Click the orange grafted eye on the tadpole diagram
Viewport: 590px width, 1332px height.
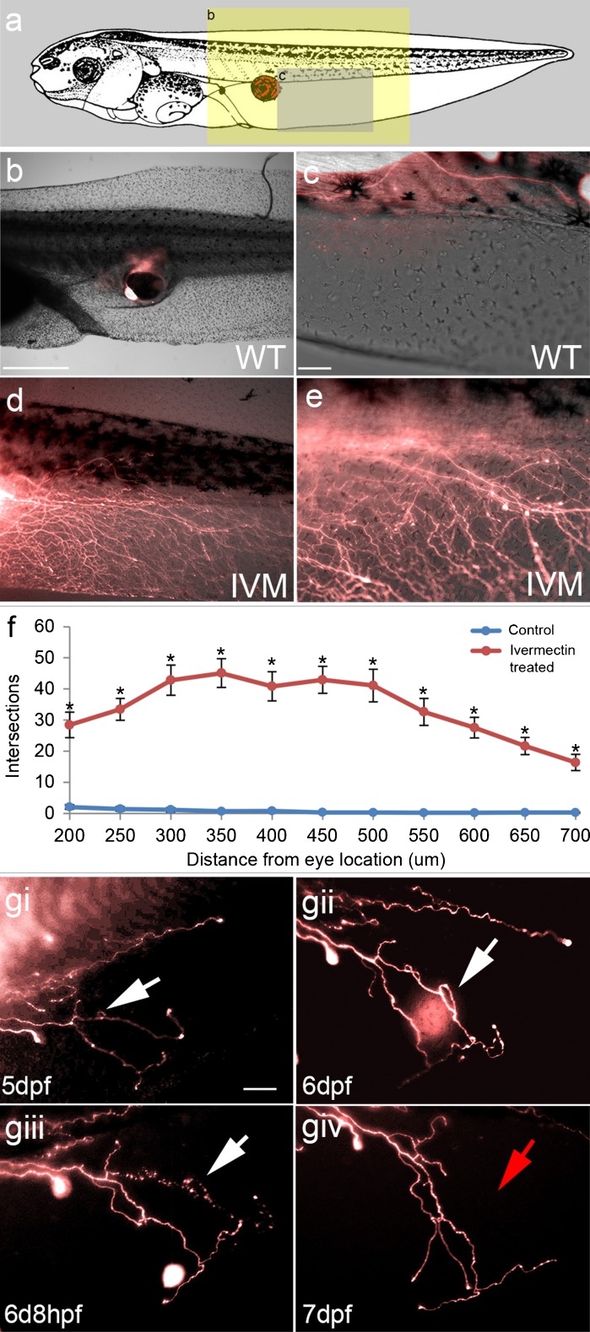coord(266,87)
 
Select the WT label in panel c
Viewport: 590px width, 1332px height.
coord(555,357)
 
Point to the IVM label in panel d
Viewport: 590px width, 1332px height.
coord(259,583)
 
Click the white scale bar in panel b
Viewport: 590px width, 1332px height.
coord(35,367)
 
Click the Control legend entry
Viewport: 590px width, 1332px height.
coord(530,630)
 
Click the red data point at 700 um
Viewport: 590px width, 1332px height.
coord(576,762)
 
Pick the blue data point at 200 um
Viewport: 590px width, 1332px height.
coord(70,807)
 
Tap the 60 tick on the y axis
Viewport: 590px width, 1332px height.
coord(44,627)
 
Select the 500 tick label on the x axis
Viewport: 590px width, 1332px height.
coord(373,835)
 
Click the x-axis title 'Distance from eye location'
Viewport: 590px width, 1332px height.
coord(316,860)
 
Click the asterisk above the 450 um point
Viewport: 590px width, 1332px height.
coord(322,661)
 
